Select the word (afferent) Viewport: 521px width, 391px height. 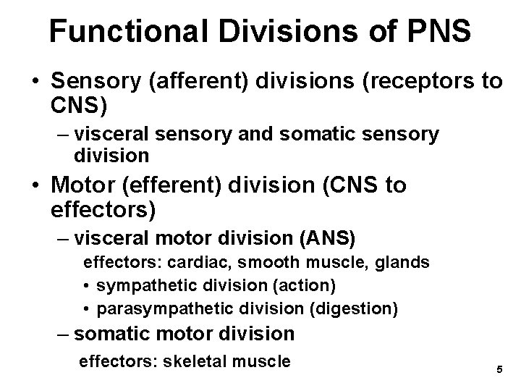pyautogui.click(x=196, y=83)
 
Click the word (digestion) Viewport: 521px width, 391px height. pyautogui.click(x=354, y=309)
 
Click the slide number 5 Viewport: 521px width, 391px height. pyautogui.click(x=499, y=369)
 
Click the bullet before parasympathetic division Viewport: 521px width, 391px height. pyautogui.click(x=86, y=309)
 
